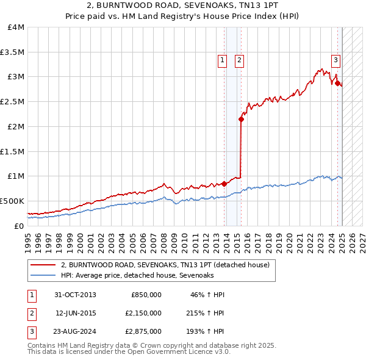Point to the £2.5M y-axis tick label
pos(12,101)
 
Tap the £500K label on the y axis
pos(12,201)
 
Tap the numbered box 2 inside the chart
pos(239,60)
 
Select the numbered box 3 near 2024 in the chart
pos(335,60)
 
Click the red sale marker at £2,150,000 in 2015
pos(242,119)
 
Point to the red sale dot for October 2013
pos(224,183)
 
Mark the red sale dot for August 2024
pos(337,83)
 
